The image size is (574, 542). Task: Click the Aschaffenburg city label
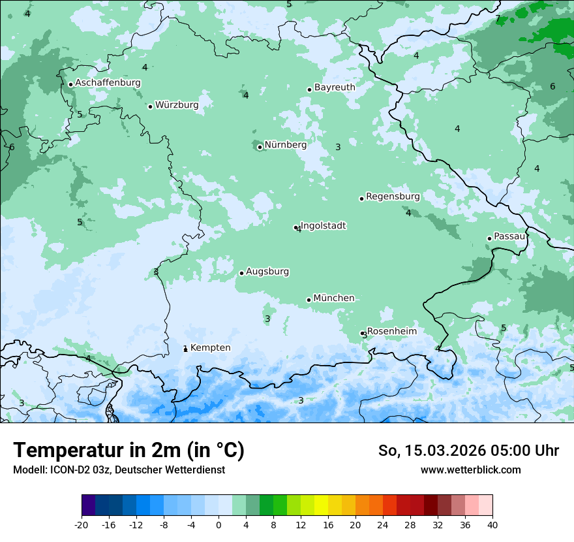coord(108,83)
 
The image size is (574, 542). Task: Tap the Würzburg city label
coord(177,105)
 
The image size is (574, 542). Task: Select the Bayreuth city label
coord(335,88)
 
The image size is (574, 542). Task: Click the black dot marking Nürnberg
coord(260,147)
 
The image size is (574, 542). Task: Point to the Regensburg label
coord(393,197)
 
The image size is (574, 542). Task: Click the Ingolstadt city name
coord(324,226)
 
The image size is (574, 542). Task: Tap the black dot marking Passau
coord(489,238)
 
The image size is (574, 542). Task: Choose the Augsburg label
coord(267,272)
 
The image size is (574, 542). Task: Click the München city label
coord(334,298)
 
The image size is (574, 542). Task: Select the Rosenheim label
coord(391,332)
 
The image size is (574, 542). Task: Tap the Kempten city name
coord(210,348)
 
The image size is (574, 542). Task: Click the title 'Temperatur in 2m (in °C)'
coord(128,451)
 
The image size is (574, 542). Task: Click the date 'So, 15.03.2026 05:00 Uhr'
coord(468,451)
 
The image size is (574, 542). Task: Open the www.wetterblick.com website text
coord(470,470)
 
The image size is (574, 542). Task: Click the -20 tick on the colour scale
coord(82,524)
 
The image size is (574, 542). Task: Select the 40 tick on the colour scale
coord(492,524)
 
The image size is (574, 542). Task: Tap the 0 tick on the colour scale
coord(219,524)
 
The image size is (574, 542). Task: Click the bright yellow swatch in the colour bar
coord(321,505)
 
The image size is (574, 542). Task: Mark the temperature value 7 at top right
coord(498,19)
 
